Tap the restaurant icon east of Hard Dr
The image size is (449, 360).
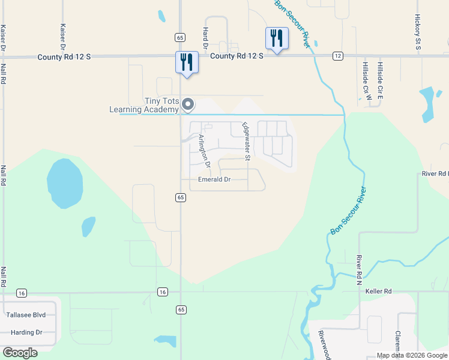point(277,39)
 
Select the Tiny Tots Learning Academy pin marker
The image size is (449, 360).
point(188,105)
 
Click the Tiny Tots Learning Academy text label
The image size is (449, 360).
point(144,106)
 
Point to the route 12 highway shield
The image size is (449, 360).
point(339,56)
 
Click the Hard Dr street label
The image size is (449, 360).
point(205,37)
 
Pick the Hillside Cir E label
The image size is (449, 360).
point(380,80)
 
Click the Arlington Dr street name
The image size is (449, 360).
point(205,151)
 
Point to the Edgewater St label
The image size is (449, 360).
point(246,141)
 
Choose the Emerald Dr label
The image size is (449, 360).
point(214,179)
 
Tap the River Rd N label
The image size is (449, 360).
point(358,268)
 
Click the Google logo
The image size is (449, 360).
point(20,352)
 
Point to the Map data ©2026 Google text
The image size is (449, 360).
point(412,355)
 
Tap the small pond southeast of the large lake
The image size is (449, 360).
point(88,226)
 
